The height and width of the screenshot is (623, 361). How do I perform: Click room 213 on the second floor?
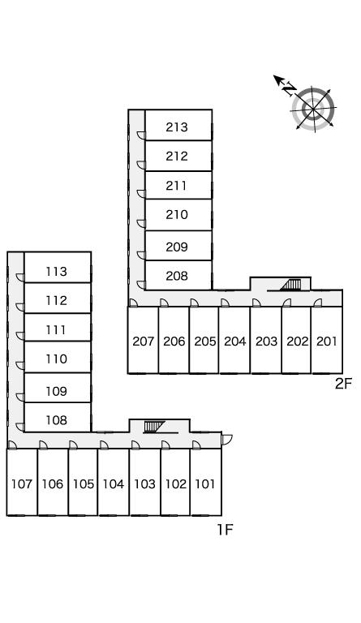point(178,125)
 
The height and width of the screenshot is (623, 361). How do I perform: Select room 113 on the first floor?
point(58,267)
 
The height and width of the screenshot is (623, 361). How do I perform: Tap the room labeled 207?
point(143,340)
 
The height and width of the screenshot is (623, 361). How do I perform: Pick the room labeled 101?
point(206,483)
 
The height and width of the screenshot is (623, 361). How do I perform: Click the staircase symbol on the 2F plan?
point(290,285)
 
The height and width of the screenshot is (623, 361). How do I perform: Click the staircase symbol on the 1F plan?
point(154,427)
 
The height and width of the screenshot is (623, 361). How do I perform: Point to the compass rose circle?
point(313,109)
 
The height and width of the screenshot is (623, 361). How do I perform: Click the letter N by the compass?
point(290,89)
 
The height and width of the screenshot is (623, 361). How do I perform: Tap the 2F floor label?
point(343,384)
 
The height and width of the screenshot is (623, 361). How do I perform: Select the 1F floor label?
point(225,530)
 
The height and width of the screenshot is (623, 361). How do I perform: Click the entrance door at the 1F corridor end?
point(227,440)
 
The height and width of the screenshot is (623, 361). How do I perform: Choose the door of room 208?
point(141,285)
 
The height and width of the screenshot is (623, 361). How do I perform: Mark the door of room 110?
point(20,366)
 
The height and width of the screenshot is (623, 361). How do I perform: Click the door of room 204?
point(226,303)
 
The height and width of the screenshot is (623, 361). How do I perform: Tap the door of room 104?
point(104,445)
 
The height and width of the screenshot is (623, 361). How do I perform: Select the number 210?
point(177,214)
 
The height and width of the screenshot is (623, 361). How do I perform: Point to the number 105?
point(84,484)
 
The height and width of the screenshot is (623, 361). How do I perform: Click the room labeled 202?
point(296,340)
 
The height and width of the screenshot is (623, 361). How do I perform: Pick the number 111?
point(56,330)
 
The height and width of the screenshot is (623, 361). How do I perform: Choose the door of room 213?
point(141,135)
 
